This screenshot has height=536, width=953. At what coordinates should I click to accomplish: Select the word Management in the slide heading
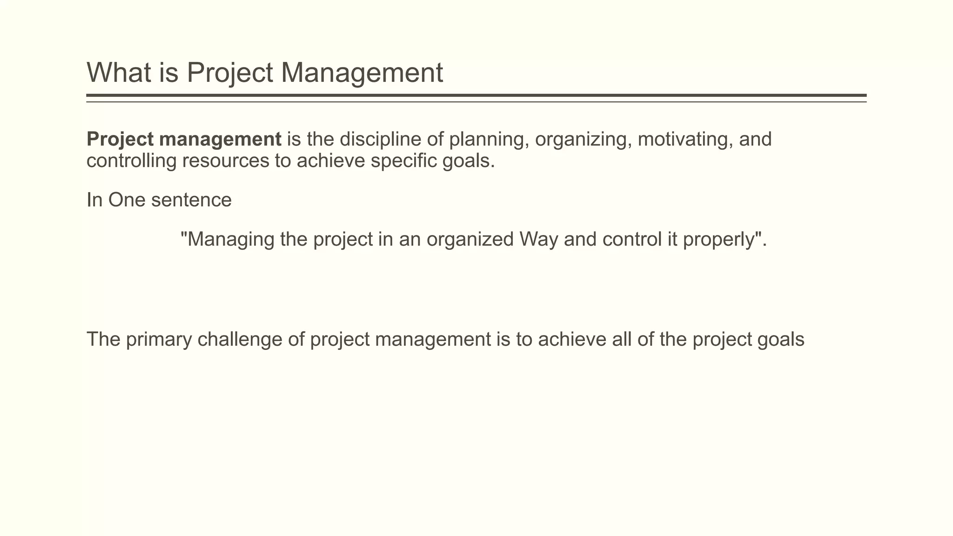pyautogui.click(x=362, y=73)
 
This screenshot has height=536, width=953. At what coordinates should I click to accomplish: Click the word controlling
pyautogui.click(x=132, y=161)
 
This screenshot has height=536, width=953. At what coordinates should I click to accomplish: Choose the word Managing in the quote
pyautogui.click(x=228, y=240)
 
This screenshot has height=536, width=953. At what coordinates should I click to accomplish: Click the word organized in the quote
pyautogui.click(x=470, y=240)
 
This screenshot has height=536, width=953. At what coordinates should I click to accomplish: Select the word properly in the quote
pyautogui.click(x=719, y=240)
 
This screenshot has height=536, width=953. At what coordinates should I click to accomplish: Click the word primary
pyautogui.click(x=158, y=340)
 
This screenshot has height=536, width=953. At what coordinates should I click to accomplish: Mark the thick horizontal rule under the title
pyautogui.click(x=476, y=95)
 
